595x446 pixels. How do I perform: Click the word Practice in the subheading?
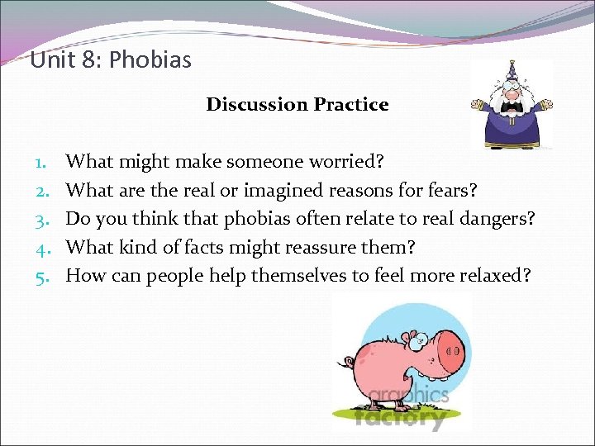350,104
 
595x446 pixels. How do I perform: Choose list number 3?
41,219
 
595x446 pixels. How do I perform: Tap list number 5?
41,275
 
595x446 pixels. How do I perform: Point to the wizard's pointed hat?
510,72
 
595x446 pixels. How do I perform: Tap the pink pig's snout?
450,350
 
